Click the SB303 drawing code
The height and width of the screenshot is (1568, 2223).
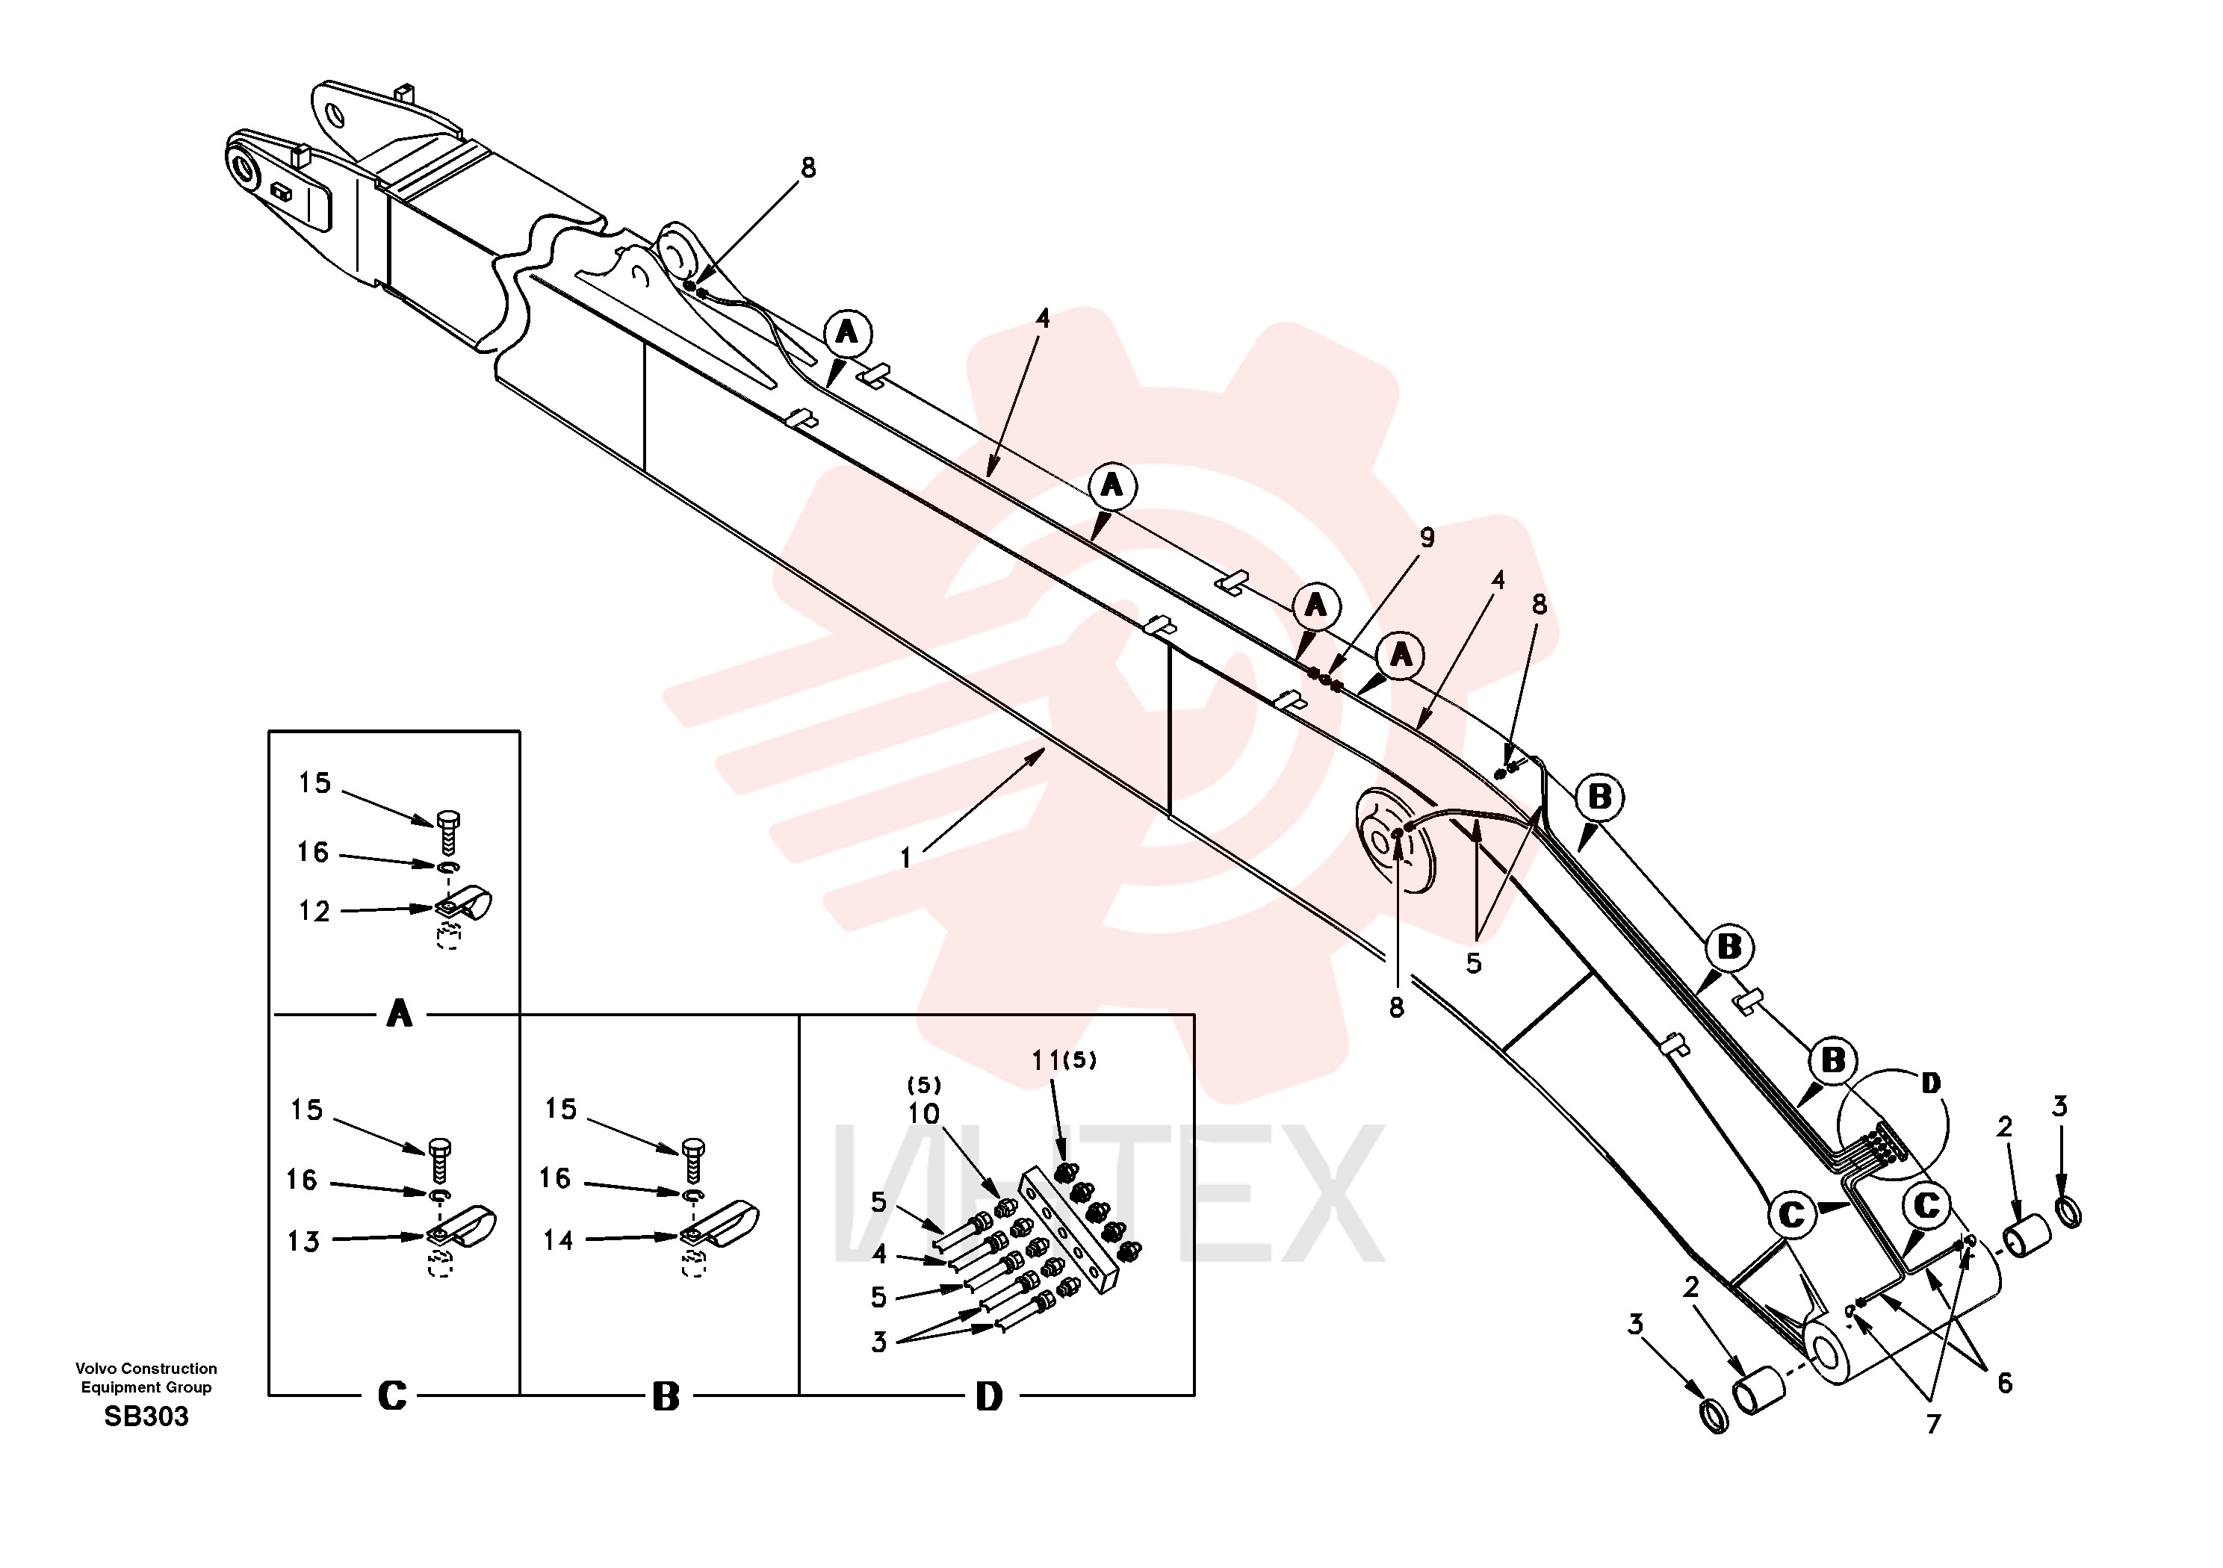[146, 1417]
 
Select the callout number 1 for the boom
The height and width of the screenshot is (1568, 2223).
[905, 858]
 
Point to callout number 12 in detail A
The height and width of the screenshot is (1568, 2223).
[314, 911]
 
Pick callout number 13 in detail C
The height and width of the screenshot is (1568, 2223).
[303, 1242]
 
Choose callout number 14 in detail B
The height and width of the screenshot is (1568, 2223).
[558, 1240]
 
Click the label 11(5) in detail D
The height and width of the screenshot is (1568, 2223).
[1064, 1061]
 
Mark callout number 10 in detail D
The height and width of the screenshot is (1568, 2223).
[924, 1114]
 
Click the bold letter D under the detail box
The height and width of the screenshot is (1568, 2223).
[988, 1397]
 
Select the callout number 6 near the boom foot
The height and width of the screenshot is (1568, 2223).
[2004, 1383]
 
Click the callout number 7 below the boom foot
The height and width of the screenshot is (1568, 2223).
[1932, 1424]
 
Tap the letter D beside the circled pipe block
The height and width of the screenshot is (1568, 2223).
[1931, 1083]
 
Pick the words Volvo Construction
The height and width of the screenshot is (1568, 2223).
[146, 1369]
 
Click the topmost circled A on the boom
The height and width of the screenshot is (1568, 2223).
[847, 333]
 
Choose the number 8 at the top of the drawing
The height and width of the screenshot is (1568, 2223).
[808, 169]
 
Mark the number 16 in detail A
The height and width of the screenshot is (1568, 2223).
[313, 852]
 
